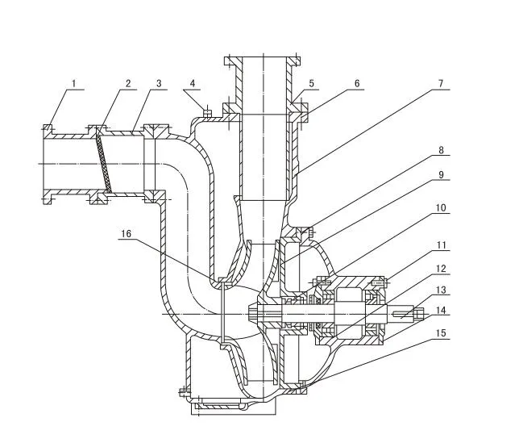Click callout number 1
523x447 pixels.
point(73,83)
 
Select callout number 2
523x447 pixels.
point(127,83)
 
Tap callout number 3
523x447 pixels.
point(159,83)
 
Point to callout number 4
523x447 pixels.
point(193,83)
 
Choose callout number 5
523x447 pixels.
point(312,83)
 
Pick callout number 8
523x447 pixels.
point(442,150)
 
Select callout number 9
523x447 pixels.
point(442,173)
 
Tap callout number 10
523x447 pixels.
point(442,208)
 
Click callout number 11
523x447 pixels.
point(442,244)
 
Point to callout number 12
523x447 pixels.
point(442,268)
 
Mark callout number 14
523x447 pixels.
point(442,310)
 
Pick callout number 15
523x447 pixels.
point(442,331)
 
